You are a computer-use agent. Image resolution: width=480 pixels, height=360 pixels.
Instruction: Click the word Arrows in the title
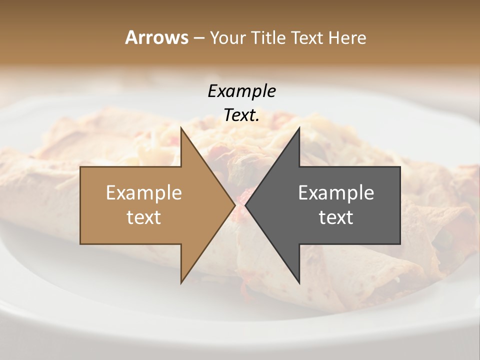(156, 37)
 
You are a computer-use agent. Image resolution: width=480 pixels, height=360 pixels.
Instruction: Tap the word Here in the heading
(347, 37)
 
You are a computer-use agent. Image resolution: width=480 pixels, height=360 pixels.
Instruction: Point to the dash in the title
(198, 38)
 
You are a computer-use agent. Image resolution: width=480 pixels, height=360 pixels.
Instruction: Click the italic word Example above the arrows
(241, 91)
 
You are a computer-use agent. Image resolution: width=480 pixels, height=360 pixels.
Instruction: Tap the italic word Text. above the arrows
(241, 115)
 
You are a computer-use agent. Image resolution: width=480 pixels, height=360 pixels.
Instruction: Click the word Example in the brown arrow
(144, 192)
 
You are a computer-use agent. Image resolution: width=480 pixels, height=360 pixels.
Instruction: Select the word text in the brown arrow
(144, 217)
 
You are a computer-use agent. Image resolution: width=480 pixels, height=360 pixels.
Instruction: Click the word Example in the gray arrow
(336, 192)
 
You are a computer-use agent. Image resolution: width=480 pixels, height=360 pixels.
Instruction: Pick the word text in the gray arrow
(336, 217)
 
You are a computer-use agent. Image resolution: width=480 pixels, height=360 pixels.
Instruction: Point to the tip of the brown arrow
(235, 205)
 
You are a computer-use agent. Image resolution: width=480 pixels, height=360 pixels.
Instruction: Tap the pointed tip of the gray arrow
(245, 205)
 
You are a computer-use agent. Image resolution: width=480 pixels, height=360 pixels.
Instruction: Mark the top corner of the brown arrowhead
(181, 127)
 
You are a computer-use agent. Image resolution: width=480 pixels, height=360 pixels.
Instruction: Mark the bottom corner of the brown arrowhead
(181, 283)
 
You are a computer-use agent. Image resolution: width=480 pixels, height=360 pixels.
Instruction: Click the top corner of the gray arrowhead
(299, 127)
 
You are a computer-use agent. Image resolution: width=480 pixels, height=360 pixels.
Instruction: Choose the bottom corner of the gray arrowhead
(299, 283)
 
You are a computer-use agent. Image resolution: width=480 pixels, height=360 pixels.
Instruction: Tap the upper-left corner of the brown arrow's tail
(80, 167)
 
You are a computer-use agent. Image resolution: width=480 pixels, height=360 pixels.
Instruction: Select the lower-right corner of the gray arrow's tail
(400, 243)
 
